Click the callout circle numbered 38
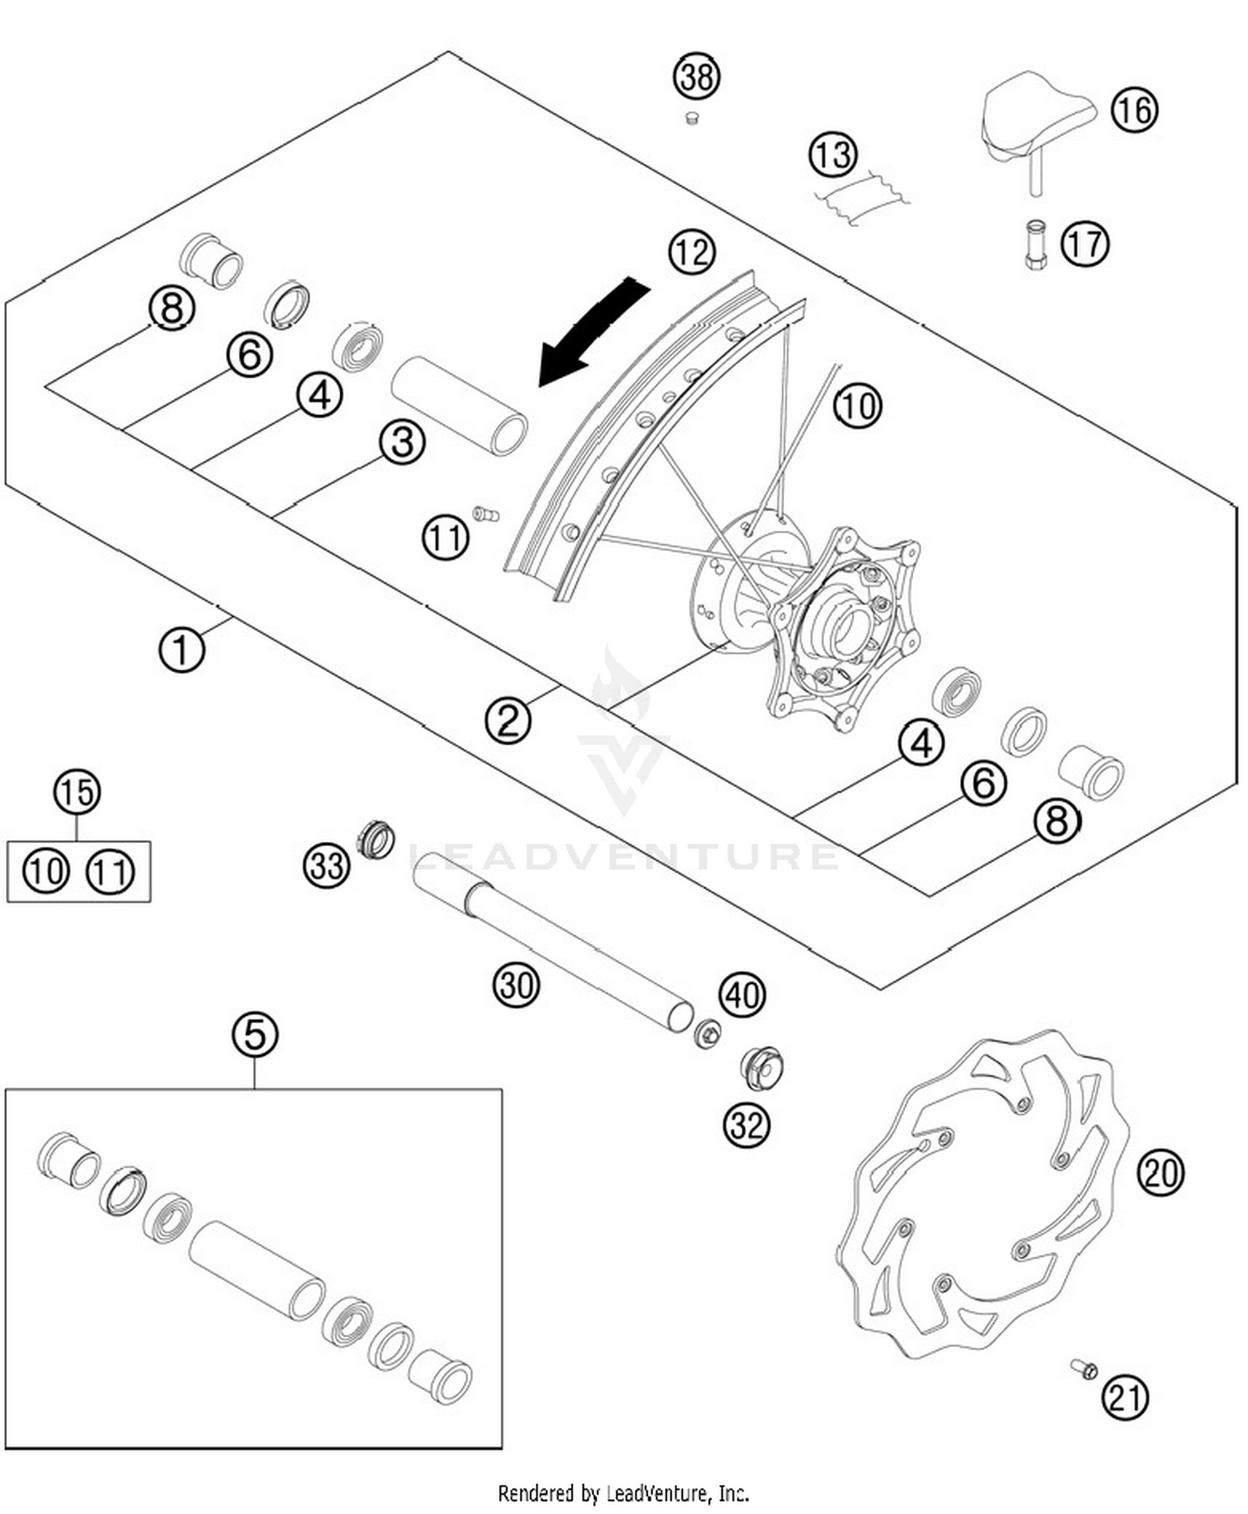click(696, 77)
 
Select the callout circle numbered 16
click(1134, 110)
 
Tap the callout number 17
click(1085, 244)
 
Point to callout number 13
click(832, 155)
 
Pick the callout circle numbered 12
click(691, 251)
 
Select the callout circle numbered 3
click(403, 442)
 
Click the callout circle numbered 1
click(181, 649)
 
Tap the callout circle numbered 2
click(508, 720)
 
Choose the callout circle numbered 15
click(77, 792)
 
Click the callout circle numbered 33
click(325, 866)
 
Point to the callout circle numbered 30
click(516, 985)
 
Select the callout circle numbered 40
click(742, 994)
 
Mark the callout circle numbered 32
click(746, 1125)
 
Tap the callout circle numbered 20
click(1160, 1173)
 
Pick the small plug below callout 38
click(690, 119)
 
